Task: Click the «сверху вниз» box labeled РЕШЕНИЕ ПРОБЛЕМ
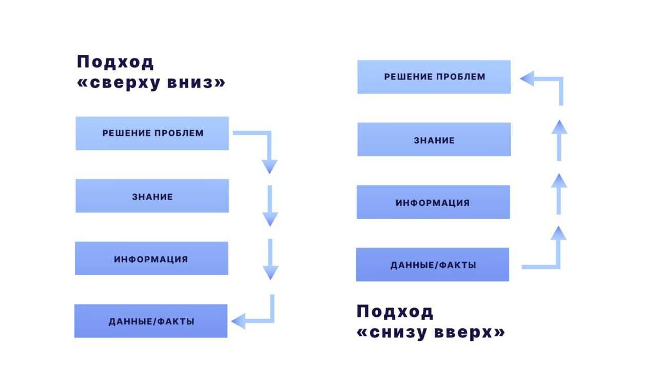pos(152,134)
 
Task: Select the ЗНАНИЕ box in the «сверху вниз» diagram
pos(152,196)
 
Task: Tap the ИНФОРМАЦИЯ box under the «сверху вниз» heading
pos(151,259)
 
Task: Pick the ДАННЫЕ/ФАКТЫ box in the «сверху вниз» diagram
pos(151,321)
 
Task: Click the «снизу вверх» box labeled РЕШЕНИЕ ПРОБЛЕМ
pos(434,77)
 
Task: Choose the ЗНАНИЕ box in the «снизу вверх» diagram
pos(434,140)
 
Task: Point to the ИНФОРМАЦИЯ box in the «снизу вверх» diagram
pos(433,202)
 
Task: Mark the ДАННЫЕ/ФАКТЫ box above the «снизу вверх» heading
pos(433,265)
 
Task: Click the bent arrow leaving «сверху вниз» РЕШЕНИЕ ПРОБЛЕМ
pos(268,149)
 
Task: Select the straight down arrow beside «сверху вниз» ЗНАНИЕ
pos(269,205)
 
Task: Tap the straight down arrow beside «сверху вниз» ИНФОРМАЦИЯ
pos(269,259)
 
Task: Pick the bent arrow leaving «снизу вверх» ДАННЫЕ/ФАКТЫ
pos(557,252)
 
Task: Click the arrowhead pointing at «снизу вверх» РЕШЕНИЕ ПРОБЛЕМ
pos(528,79)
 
